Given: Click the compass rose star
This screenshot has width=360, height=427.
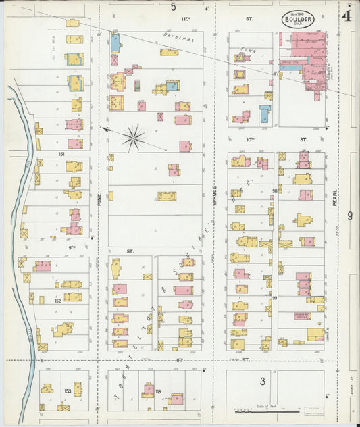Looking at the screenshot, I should pos(134,139).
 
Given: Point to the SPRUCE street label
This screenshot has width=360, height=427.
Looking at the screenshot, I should pos(215,197).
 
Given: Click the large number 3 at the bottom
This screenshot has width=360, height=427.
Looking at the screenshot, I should pos(262,382).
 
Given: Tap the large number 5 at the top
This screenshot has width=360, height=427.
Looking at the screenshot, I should pos(174,7).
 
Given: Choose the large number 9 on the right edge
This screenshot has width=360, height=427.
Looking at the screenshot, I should pos(350,216).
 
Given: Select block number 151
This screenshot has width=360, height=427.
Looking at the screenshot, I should pos(61,155).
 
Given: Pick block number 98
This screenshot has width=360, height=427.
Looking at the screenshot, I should pos(275,191).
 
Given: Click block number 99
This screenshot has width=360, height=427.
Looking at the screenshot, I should pos(275,297).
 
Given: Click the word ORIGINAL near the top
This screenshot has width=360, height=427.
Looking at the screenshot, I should pos(178,38).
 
